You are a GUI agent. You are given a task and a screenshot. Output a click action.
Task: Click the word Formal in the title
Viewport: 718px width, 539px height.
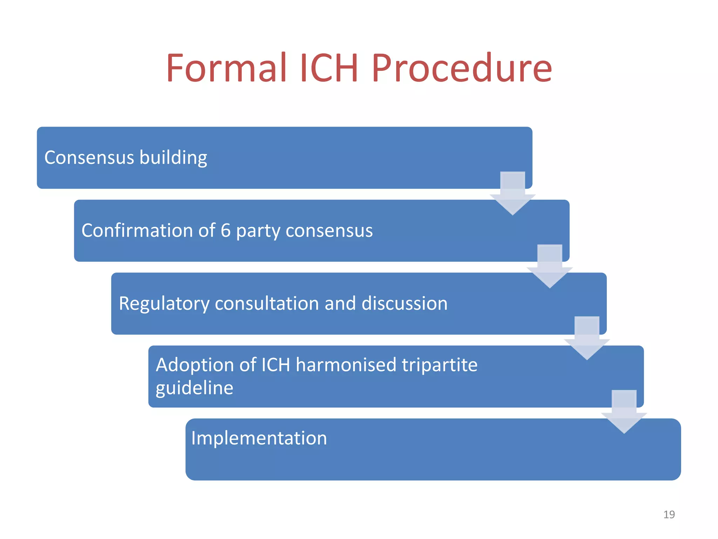point(226,68)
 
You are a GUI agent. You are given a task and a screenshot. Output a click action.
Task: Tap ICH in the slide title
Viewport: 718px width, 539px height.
point(328,68)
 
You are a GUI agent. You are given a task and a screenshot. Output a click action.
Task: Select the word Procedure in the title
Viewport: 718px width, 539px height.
point(461,68)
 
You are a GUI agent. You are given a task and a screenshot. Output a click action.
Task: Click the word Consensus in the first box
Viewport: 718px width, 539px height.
point(89,157)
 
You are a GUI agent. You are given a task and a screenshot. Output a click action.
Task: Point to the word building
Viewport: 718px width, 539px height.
point(173,158)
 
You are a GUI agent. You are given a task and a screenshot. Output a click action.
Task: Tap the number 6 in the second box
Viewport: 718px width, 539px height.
point(225,231)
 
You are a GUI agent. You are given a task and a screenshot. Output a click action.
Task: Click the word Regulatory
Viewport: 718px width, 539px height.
point(164,304)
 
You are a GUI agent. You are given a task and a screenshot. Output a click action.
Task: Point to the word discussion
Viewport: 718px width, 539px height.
point(404,303)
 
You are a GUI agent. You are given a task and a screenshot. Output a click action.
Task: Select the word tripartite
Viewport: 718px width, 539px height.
point(439,365)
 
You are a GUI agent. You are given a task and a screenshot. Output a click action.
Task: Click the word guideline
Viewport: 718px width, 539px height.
point(194,388)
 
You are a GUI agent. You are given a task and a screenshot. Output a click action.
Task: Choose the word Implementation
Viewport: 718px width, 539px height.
point(259,438)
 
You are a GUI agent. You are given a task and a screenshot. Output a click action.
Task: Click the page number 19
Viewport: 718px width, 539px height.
point(669,514)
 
